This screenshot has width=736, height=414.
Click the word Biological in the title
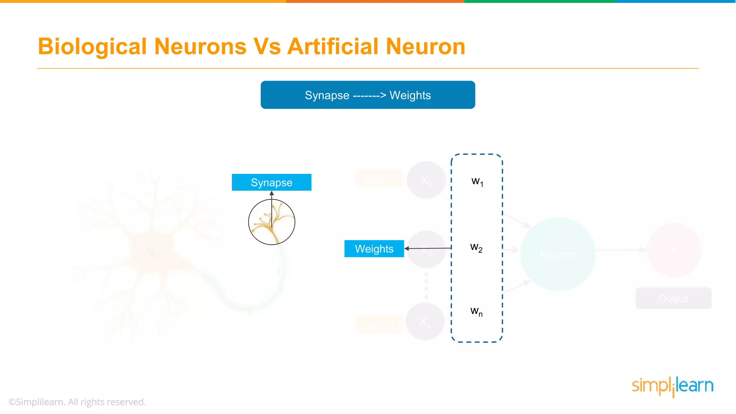(92, 47)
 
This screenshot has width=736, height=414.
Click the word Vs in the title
(267, 47)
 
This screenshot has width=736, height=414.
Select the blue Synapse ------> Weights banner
(368, 95)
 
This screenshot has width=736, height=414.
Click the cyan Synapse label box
(271, 182)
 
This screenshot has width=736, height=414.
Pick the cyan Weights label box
(374, 249)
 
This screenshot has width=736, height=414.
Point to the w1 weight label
(477, 181)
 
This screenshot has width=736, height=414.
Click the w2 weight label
(476, 248)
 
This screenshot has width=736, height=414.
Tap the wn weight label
(476, 311)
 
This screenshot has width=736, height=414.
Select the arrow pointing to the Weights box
(428, 248)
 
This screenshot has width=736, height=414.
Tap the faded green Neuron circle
(558, 254)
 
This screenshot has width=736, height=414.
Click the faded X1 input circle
(426, 180)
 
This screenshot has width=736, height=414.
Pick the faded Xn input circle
(425, 321)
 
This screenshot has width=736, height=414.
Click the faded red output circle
(674, 250)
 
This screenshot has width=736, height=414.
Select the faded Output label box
(673, 298)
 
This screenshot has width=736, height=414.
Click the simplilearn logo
(672, 386)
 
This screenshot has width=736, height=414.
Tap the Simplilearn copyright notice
(77, 402)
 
